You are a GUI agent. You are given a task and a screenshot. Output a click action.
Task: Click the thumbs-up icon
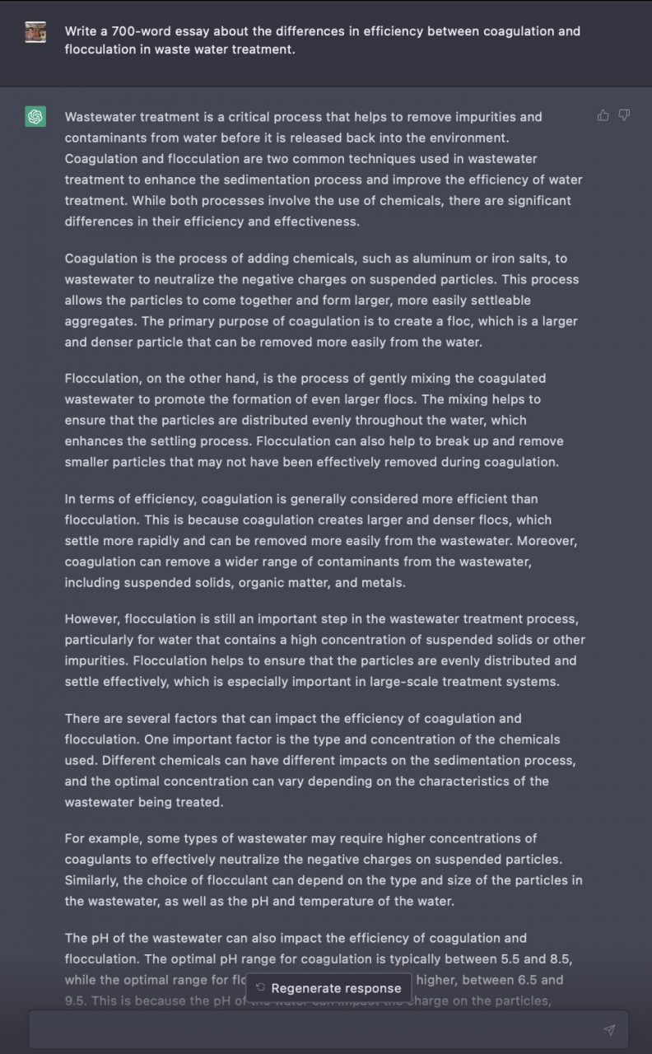[x=603, y=115]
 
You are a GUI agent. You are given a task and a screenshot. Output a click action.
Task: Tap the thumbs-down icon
[x=624, y=115]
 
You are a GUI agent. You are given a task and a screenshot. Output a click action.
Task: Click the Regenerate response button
[x=328, y=988]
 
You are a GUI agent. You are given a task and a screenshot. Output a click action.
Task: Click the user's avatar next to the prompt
[x=35, y=32]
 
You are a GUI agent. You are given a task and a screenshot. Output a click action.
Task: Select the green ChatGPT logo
[x=35, y=117]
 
